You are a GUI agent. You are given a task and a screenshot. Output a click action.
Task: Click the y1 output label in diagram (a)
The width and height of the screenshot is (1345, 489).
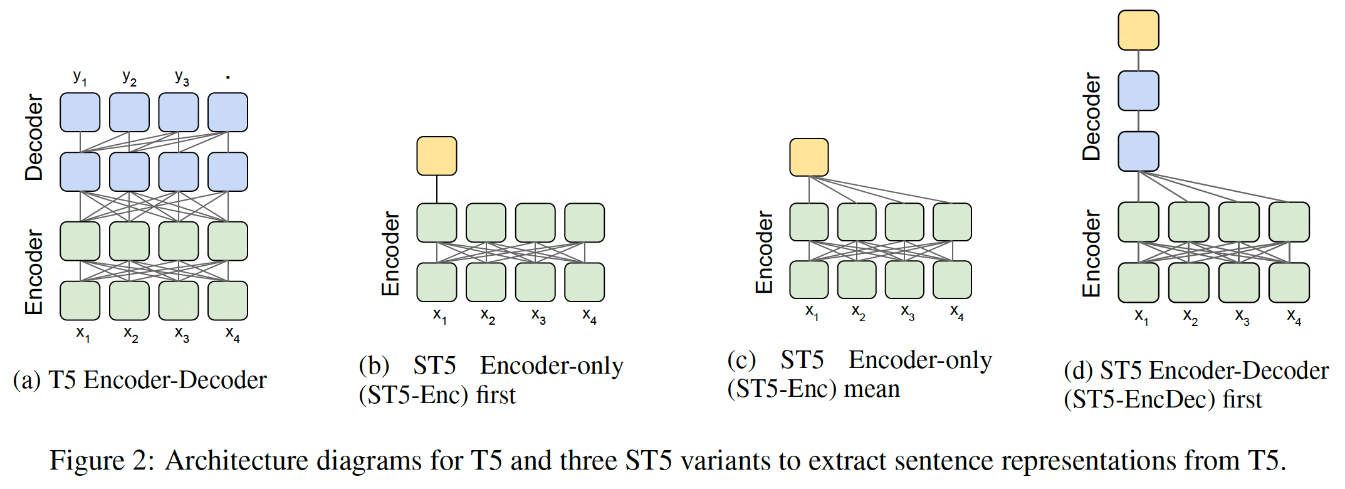[x=80, y=78]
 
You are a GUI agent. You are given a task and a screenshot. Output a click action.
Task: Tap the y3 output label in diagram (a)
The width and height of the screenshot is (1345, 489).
[x=182, y=78]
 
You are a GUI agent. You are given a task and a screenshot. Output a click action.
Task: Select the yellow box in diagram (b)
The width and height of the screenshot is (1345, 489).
[x=437, y=156]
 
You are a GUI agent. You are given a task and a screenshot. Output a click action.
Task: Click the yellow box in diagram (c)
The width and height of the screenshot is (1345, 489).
[x=809, y=157]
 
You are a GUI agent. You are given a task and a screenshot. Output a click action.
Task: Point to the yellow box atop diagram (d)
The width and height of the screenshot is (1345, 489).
[x=1138, y=30]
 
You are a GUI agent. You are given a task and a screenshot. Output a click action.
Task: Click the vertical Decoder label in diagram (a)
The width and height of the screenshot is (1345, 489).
[x=34, y=138]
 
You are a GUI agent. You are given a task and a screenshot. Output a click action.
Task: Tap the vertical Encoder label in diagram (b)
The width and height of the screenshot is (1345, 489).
[x=390, y=253]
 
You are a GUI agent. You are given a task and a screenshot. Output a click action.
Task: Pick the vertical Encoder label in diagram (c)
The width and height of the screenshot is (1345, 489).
[x=764, y=252]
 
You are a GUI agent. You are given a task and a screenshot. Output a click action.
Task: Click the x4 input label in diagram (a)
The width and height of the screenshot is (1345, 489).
[x=233, y=334]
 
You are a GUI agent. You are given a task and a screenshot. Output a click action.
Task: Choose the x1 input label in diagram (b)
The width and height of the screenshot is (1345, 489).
[x=440, y=315]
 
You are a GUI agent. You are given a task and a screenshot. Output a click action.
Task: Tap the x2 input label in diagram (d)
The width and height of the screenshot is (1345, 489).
[x=1190, y=317]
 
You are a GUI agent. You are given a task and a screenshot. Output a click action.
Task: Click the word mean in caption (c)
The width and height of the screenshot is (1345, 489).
[x=871, y=389]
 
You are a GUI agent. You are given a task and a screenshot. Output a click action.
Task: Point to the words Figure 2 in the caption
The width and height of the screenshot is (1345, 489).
[x=101, y=461]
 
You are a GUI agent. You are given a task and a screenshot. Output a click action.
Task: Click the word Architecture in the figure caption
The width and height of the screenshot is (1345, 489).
[x=236, y=461]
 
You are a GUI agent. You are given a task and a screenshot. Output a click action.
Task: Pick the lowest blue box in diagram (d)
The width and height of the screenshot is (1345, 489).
[x=1138, y=151]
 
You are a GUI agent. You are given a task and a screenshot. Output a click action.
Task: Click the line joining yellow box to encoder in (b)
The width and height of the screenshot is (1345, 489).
[x=437, y=189]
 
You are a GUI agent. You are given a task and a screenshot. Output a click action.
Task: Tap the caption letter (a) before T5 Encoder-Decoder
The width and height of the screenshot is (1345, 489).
[x=26, y=381]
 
